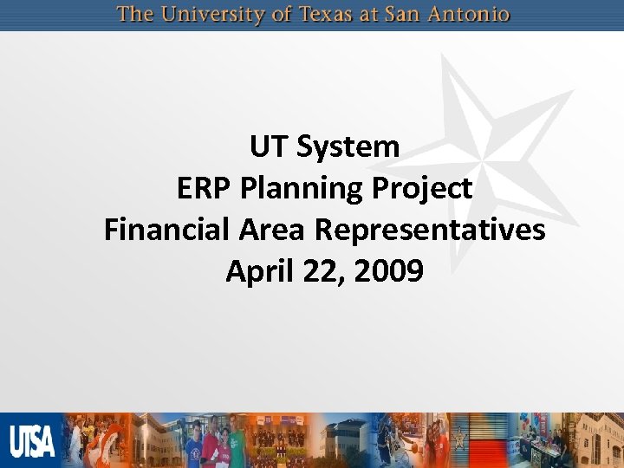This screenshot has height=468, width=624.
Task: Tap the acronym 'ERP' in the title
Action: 206,188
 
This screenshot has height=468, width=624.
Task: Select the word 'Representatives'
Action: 430,231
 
